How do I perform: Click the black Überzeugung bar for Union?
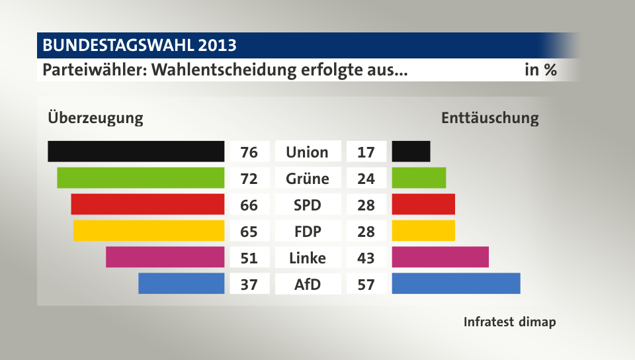tap(136, 152)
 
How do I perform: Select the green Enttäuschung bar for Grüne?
tap(419, 178)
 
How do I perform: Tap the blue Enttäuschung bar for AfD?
tap(456, 283)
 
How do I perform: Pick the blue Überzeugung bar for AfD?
tap(181, 283)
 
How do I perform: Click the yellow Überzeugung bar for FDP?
tap(149, 231)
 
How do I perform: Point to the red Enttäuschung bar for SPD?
tap(423, 204)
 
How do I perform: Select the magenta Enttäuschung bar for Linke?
tap(440, 257)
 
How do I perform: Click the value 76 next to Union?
tap(249, 152)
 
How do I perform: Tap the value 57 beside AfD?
tap(366, 285)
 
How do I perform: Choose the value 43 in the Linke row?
tap(366, 258)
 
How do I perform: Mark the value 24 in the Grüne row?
tap(366, 179)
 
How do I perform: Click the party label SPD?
tap(308, 205)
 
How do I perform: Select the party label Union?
tap(308, 152)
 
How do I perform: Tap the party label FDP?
tap(308, 232)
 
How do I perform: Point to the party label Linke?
tap(308, 258)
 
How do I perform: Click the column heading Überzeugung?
tap(95, 118)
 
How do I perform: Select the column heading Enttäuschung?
tap(489, 118)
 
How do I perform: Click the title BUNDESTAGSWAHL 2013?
tap(140, 46)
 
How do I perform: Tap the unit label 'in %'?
tap(540, 69)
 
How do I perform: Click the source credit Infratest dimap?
tap(509, 322)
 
